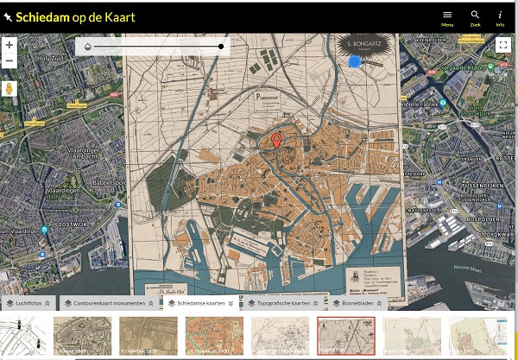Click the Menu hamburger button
pyautogui.click(x=447, y=16)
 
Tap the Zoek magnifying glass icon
pyautogui.click(x=475, y=16)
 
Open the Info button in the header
pyautogui.click(x=500, y=16)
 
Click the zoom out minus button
pyautogui.click(x=9, y=61)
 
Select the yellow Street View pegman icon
pyautogui.click(x=9, y=89)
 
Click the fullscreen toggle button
pyautogui.click(x=504, y=46)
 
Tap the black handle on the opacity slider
pyautogui.click(x=222, y=46)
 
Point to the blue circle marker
pyautogui.click(x=354, y=60)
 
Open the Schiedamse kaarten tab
pyautogui.click(x=199, y=304)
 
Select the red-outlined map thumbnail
pyautogui.click(x=345, y=336)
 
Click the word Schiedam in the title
pyautogui.click(x=44, y=16)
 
